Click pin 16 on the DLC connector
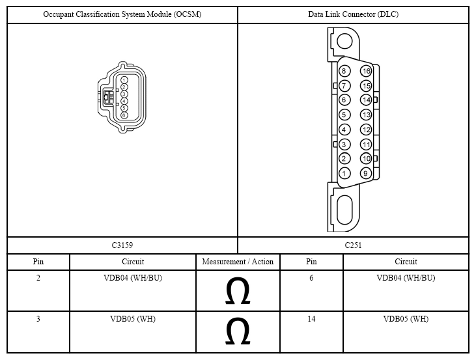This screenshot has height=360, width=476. [x=366, y=71]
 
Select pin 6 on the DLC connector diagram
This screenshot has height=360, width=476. [x=344, y=100]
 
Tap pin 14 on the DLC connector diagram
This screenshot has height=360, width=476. [x=366, y=100]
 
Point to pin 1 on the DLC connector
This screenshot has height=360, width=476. [x=344, y=173]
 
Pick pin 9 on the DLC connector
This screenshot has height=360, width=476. [x=366, y=173]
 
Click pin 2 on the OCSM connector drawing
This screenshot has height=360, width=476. [x=124, y=87]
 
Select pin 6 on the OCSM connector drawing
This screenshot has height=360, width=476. [x=124, y=115]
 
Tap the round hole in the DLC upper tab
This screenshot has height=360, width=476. [x=344, y=41]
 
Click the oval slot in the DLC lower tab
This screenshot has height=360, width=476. [x=344, y=210]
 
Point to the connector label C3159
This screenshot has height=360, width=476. [x=122, y=245]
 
